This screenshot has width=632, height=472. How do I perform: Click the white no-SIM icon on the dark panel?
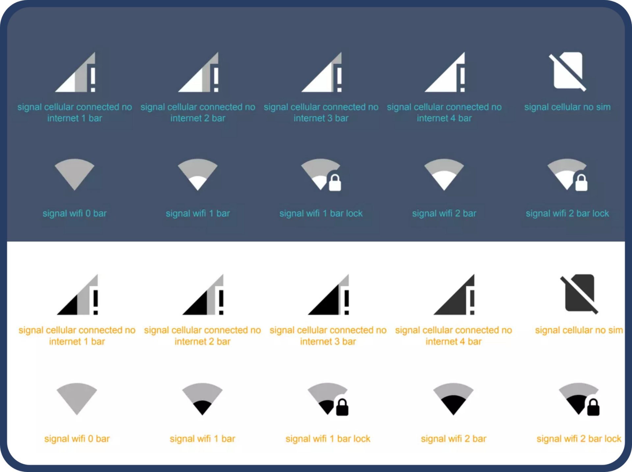(x=567, y=71)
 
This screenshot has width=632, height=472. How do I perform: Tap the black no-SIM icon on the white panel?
(x=579, y=294)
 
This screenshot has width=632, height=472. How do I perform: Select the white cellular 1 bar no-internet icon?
(x=75, y=72)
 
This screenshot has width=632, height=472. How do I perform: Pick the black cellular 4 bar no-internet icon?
(x=454, y=294)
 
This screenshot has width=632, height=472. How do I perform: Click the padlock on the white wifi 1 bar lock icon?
(x=335, y=183)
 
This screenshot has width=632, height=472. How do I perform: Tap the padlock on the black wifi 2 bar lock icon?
(x=593, y=407)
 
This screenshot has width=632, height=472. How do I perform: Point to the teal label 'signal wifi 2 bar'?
(x=444, y=213)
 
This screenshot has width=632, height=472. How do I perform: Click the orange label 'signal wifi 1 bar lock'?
(x=328, y=439)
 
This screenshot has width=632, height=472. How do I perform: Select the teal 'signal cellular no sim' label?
(x=567, y=107)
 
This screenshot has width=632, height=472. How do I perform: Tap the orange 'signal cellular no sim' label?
(x=579, y=330)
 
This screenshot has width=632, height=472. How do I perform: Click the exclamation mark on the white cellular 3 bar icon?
(x=339, y=80)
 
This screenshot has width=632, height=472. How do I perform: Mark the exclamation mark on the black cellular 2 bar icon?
(x=221, y=302)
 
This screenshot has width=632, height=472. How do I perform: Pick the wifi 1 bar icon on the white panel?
(x=202, y=399)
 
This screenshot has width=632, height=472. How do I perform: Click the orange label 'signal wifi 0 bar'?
(x=77, y=439)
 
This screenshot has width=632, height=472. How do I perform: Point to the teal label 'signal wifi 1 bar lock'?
(x=321, y=213)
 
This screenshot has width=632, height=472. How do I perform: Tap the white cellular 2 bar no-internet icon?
(x=198, y=72)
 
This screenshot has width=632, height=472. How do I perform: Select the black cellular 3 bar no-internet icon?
(x=329, y=294)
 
